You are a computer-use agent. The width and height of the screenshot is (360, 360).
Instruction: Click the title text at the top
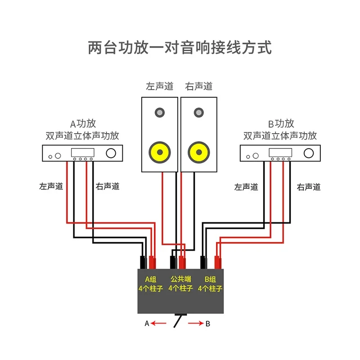point(180,47)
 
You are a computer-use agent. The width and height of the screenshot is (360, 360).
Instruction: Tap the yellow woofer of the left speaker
point(160,152)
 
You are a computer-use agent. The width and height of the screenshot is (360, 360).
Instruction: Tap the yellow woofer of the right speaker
point(198,152)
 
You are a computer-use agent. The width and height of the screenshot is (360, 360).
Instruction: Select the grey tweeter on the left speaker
point(160,112)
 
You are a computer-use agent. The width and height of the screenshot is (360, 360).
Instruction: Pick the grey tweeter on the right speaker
point(198,112)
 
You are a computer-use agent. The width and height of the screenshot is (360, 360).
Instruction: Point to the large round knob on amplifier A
point(110,153)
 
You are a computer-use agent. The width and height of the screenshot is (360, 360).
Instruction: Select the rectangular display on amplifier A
point(82,152)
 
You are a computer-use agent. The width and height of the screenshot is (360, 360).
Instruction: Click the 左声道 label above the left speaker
point(159,86)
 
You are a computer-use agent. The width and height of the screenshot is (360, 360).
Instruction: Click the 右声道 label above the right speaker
point(198,86)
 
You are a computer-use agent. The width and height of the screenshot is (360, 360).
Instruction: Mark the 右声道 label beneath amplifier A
point(108,186)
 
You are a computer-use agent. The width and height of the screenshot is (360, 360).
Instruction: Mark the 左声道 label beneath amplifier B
point(246,187)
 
